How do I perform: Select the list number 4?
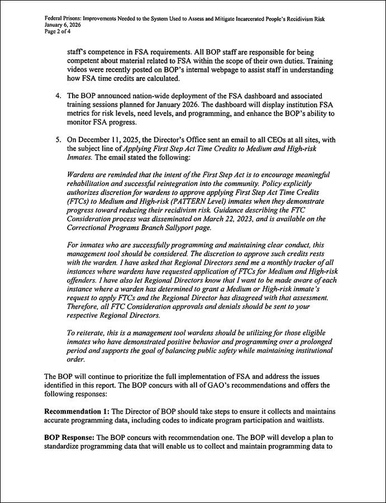(58, 97)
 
